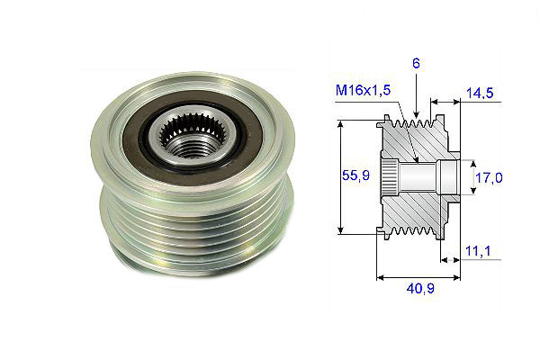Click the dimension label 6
[x=417, y=64]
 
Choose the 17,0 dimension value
[x=492, y=177]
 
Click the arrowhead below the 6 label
[x=417, y=110]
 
